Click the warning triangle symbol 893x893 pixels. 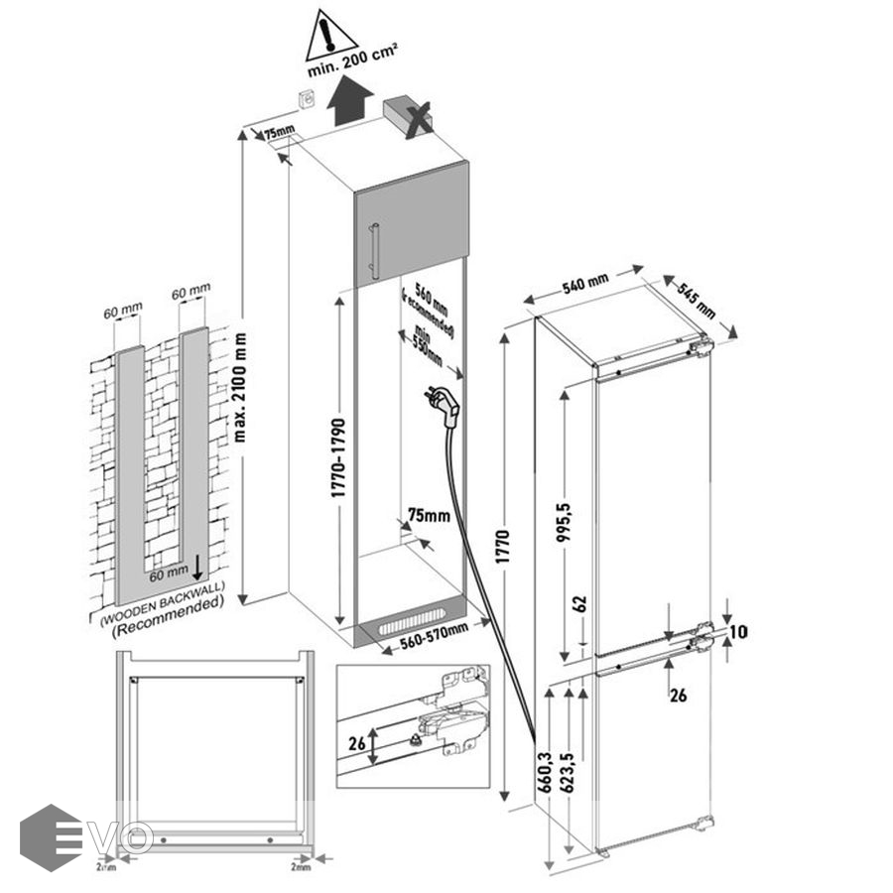point(332,36)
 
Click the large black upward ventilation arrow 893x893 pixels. point(352,103)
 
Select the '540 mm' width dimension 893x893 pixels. point(584,286)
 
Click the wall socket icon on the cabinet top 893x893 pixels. point(309,99)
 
